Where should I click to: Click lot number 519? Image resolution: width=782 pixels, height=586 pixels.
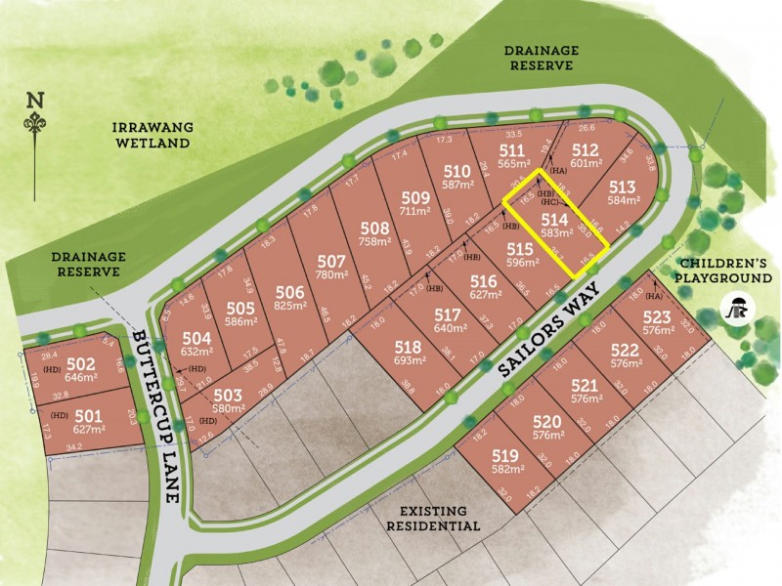(x=505, y=455)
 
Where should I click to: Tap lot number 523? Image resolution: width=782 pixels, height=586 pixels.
(x=658, y=316)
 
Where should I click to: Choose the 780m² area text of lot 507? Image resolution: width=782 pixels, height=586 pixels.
(x=332, y=275)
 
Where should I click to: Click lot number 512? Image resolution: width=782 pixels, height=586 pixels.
(x=585, y=150)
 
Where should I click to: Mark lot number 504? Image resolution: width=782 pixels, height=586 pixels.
(x=196, y=337)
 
